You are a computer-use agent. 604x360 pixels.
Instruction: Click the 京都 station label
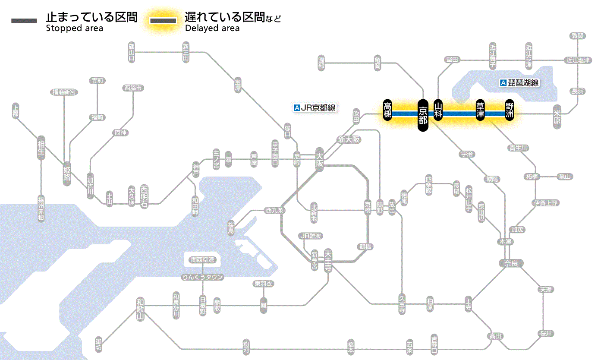coord(423,114)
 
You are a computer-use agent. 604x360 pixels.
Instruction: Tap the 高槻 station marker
coord(387,111)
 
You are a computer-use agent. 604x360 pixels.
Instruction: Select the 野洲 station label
coord(510,111)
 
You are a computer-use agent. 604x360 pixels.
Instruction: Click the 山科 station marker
coord(438,111)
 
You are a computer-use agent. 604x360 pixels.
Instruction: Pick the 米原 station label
coord(557,117)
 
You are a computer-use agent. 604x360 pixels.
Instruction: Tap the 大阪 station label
coord(320,159)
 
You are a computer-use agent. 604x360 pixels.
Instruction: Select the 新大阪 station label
coord(349,140)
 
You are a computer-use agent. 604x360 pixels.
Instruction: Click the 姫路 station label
coord(67,173)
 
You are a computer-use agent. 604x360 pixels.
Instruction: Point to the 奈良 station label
coord(511,263)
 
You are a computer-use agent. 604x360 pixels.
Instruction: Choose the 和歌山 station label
coord(140,309)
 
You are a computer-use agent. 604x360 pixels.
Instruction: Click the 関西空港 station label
coord(203,260)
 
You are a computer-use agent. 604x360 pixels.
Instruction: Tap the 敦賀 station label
coord(577,36)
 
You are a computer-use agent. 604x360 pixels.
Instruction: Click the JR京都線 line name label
coord(315,108)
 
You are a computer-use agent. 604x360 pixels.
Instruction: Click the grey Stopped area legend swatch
coord(24,20)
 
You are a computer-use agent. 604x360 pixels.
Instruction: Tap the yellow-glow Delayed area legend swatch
coord(163,20)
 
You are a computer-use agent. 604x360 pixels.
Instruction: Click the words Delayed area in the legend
coord(212,28)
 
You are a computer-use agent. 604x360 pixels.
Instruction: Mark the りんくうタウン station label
coord(203,277)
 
